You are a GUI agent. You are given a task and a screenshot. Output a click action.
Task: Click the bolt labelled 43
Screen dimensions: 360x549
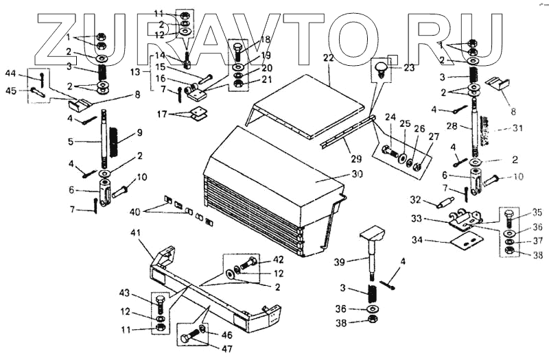(160, 302)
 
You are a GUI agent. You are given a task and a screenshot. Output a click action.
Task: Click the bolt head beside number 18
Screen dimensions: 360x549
(237, 49)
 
